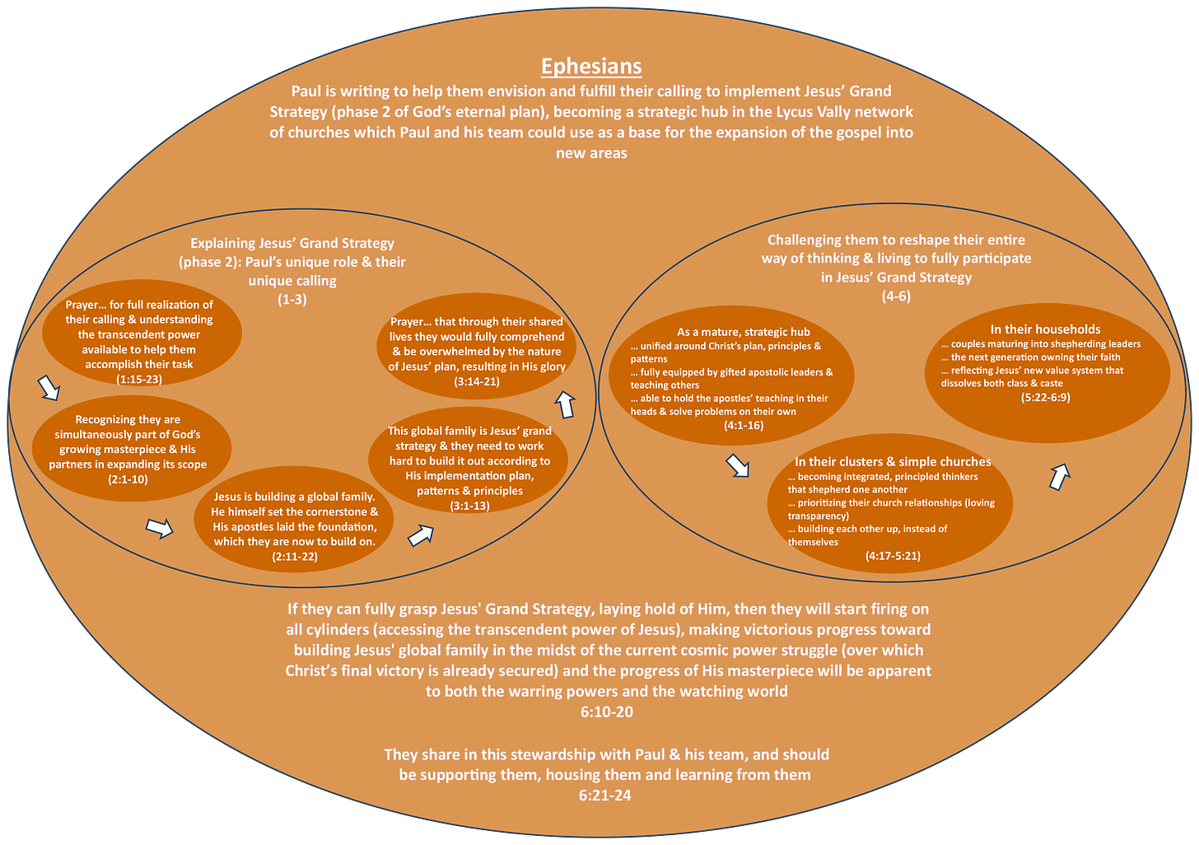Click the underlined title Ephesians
click(x=591, y=66)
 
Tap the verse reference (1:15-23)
click(x=139, y=380)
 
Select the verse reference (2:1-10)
click(x=128, y=479)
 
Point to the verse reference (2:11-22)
click(x=294, y=557)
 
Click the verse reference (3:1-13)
click(x=469, y=506)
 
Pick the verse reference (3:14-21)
click(x=477, y=381)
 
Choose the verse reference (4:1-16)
click(x=743, y=425)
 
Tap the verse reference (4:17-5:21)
click(x=893, y=556)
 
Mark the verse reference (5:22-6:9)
click(x=1045, y=397)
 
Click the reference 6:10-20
click(x=607, y=712)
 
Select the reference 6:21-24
click(x=605, y=795)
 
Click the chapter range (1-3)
click(x=292, y=300)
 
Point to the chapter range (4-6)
click(x=896, y=296)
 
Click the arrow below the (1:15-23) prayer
click(x=49, y=387)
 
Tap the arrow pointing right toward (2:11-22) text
click(x=159, y=527)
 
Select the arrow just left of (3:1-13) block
click(x=421, y=536)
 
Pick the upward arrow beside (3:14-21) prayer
click(x=565, y=404)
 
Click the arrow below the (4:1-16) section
click(x=737, y=465)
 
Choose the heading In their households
click(x=1045, y=329)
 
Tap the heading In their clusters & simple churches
click(x=893, y=462)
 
